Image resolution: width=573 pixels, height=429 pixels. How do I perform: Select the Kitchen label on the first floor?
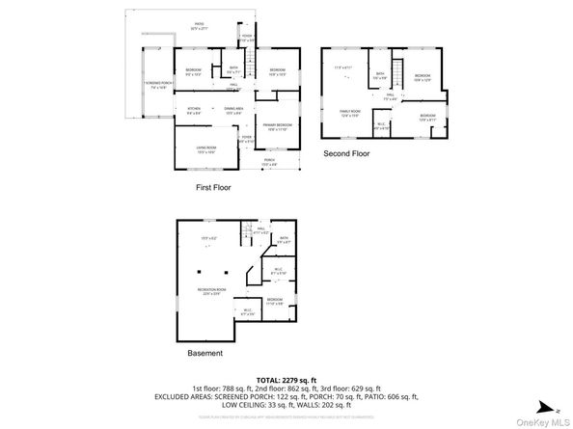point(194,110)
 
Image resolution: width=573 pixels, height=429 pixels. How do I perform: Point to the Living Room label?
point(205,149)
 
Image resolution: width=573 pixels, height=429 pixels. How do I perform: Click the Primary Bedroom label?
point(278,126)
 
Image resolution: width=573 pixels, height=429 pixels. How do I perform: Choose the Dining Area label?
point(232,110)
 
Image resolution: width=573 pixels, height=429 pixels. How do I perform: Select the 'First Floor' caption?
point(217,187)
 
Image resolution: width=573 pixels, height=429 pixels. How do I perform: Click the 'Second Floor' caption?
point(346,153)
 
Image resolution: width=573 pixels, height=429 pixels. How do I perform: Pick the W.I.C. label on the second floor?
point(381,124)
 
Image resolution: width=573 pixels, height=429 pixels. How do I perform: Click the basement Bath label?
point(284,239)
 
